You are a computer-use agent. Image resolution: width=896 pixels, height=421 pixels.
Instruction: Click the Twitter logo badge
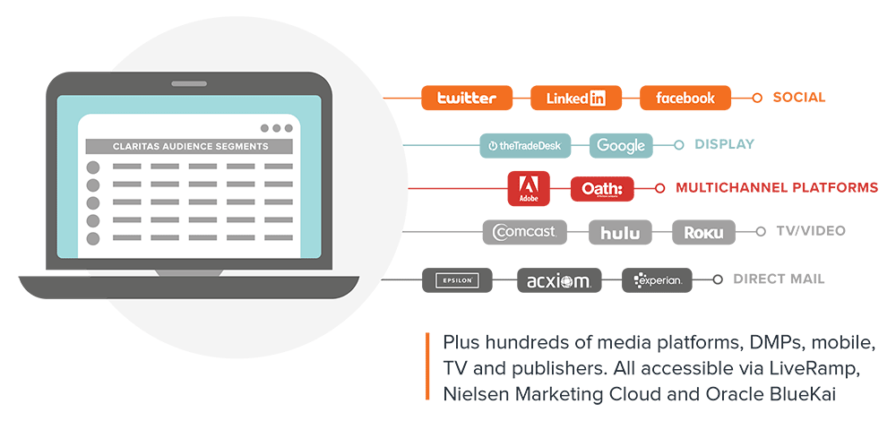point(466,98)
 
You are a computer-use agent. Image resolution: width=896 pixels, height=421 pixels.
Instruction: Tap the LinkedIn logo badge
point(575,98)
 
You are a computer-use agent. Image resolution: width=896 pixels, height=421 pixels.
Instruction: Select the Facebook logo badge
point(685,98)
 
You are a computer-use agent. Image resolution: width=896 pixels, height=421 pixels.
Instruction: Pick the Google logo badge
point(621,145)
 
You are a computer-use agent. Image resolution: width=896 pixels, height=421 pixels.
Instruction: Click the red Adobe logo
point(528,188)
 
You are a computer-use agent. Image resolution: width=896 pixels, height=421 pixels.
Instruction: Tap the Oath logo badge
point(602,188)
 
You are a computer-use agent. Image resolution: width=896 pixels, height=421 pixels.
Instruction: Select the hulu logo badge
point(620,232)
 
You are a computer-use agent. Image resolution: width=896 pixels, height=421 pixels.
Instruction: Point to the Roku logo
point(703,232)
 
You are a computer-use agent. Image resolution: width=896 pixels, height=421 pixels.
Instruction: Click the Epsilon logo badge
point(458,280)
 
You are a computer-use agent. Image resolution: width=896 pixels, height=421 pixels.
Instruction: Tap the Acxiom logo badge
point(559,280)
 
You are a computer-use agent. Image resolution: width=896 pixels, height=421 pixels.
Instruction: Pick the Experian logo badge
point(658,280)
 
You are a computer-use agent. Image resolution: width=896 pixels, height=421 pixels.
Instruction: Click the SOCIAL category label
point(798,98)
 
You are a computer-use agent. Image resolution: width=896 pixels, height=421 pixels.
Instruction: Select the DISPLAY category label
point(725,144)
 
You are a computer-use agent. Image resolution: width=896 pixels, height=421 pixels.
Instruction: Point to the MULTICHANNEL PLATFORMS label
point(777,188)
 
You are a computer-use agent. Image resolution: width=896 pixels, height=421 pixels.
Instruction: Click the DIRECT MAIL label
point(779,279)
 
